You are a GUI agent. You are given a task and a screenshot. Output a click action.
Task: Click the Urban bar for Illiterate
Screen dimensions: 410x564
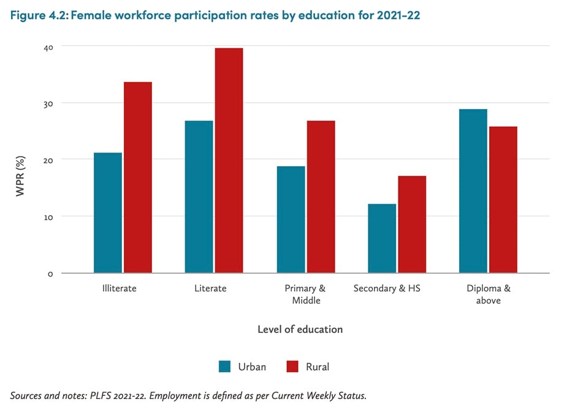[108, 213]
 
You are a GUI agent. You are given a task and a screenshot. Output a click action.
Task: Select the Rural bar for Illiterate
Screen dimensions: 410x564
[138, 178]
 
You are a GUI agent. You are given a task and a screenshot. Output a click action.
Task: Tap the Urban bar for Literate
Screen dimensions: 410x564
[199, 197]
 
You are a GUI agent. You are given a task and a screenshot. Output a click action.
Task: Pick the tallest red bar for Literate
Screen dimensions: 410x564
[229, 161]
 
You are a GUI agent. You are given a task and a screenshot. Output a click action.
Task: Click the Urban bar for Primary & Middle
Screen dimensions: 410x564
[291, 219]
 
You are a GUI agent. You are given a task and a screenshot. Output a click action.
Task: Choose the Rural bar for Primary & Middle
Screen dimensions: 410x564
[321, 197]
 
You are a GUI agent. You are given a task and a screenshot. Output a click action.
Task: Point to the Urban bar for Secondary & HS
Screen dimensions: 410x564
[382, 238]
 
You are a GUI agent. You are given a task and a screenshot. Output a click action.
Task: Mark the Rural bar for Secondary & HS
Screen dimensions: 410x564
[412, 224]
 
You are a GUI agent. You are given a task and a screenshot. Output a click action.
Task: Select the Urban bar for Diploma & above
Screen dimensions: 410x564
[473, 191]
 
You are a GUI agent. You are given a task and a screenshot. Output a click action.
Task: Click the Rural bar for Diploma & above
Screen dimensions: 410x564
[503, 200]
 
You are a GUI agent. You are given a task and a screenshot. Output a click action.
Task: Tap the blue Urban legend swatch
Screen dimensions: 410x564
[225, 366]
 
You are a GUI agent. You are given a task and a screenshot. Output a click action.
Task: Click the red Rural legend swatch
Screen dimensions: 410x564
[293, 366]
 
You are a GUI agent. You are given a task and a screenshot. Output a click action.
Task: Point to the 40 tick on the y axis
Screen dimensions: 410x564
[48, 47]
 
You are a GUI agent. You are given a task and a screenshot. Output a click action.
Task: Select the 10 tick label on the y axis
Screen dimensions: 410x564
[48, 216]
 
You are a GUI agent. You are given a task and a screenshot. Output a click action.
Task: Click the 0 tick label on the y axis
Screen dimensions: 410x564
[50, 273]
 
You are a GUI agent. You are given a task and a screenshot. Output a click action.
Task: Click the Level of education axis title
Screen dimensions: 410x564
[300, 329]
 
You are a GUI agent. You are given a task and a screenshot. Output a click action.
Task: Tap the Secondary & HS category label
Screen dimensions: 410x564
[387, 288]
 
